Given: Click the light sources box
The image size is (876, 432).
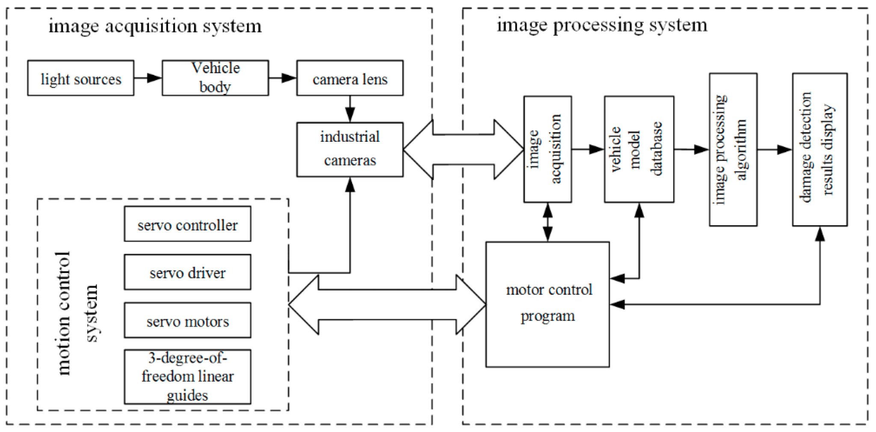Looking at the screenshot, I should (80, 78).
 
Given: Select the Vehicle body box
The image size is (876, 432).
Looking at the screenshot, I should (215, 78).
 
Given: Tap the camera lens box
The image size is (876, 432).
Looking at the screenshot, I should (349, 78).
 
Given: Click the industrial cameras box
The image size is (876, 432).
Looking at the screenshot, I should (349, 149).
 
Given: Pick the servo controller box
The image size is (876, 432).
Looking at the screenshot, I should (187, 224).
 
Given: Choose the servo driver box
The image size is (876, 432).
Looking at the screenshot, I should (187, 272).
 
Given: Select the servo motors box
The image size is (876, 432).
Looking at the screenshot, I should (187, 320).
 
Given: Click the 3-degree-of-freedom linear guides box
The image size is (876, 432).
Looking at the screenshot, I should (187, 377).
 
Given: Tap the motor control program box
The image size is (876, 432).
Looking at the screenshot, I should (547, 304).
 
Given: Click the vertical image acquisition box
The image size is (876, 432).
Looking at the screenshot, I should (547, 149).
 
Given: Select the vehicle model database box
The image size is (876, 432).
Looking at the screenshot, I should (639, 149).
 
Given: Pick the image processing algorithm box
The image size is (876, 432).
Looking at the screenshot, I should (733, 149).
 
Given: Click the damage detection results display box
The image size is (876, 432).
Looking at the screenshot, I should (820, 149).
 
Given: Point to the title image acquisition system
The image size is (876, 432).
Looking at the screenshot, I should (155, 27).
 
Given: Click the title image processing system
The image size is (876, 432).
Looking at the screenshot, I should (602, 25).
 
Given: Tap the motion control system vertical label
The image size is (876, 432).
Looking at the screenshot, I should (77, 313).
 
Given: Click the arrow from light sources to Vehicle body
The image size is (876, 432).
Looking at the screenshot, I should (148, 78).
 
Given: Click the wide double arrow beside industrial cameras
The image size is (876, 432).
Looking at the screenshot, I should (463, 149).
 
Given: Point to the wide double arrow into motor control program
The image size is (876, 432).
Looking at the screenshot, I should (387, 304).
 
